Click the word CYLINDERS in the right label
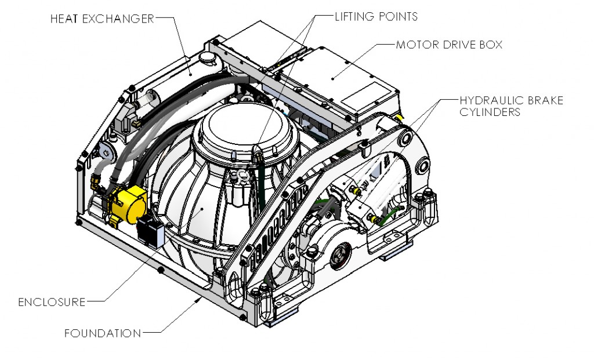(490, 112)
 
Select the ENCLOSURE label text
(52, 302)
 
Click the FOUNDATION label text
(102, 333)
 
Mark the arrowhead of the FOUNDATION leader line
(200, 299)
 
